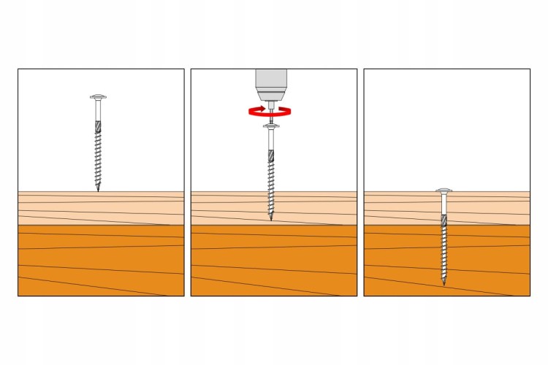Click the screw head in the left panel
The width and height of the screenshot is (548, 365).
coord(97,97)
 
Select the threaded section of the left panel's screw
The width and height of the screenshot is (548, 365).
coord(97,157)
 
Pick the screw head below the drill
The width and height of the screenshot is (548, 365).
coord(270,127)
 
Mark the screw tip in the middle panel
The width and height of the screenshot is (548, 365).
coord(271,220)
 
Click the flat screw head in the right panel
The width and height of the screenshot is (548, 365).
coord(444,191)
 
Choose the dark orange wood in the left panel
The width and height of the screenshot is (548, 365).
coord(51,263)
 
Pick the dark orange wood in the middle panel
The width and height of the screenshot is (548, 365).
coord(227,263)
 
